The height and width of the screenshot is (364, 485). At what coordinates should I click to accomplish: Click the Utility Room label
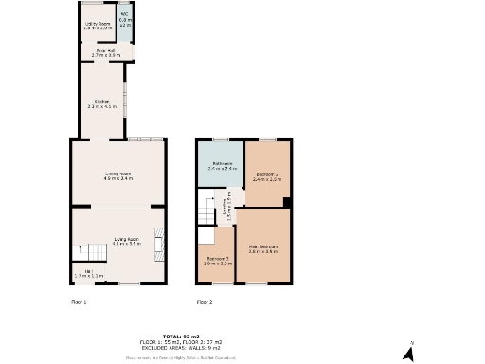pos(98,26)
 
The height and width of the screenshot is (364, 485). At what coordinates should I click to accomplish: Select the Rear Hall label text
pos(105,53)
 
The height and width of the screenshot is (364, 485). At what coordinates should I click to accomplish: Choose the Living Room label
pos(126,241)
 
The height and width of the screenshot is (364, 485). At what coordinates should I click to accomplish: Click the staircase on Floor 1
pos(90,252)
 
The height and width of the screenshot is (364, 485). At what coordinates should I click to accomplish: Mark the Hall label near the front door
pos(88,273)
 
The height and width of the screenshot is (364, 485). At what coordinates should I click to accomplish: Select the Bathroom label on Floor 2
pos(222,165)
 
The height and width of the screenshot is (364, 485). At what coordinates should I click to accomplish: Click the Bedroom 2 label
pos(268,175)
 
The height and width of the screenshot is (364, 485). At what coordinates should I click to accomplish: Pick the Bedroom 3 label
pos(217,261)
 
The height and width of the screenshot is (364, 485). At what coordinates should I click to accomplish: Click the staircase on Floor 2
pos(207,212)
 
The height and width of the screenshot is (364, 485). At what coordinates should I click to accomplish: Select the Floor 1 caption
pos(79,302)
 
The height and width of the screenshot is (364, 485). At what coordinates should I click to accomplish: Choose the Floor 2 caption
pos(205,302)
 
